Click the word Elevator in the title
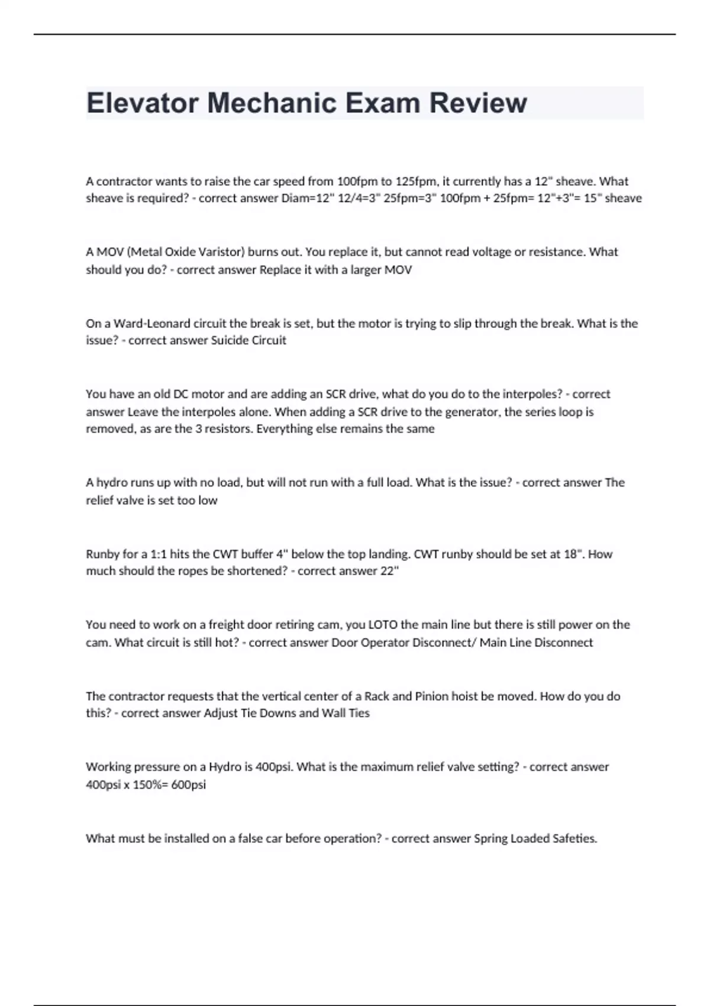(x=141, y=103)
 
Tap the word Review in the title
(x=477, y=103)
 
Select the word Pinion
(x=431, y=696)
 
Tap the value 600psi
(x=188, y=785)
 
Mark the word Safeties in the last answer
(x=575, y=839)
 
